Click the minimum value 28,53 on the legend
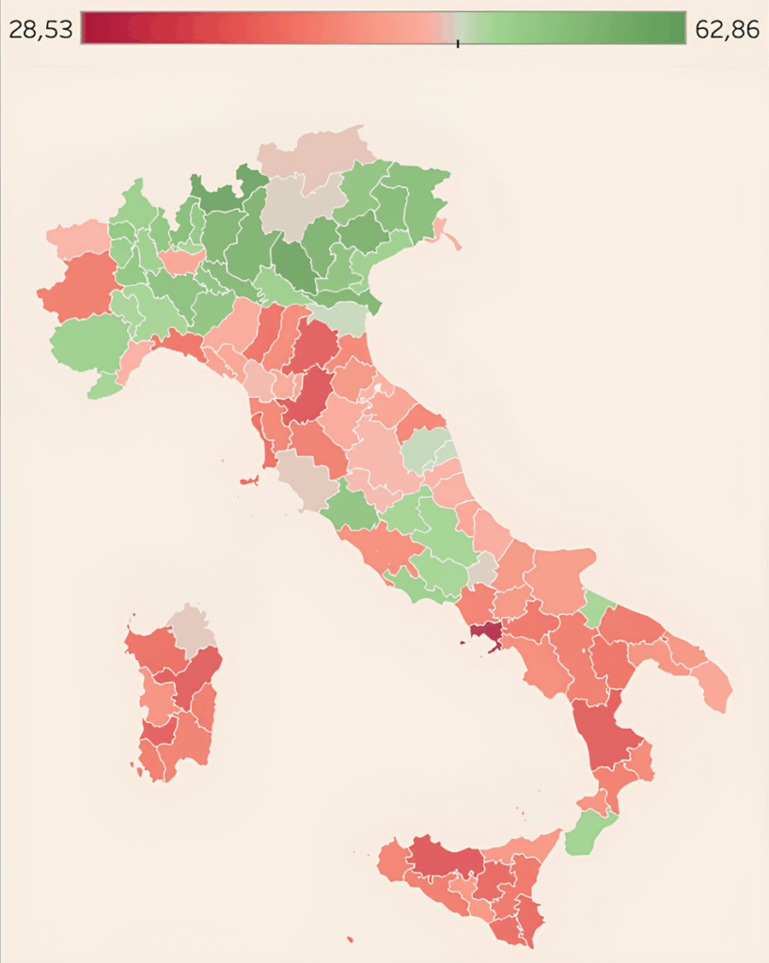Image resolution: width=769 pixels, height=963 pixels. pyautogui.click(x=40, y=29)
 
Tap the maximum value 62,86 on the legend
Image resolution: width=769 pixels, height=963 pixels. pyautogui.click(x=727, y=29)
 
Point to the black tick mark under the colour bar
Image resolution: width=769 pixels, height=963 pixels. pyautogui.click(x=458, y=43)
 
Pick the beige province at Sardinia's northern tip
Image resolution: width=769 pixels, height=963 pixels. pyautogui.click(x=193, y=626)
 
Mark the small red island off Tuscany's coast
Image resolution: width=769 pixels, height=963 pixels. pyautogui.click(x=249, y=481)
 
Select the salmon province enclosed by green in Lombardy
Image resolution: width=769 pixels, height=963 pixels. pyautogui.click(x=180, y=260)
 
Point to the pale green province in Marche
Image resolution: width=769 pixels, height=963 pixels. pyautogui.click(x=426, y=450)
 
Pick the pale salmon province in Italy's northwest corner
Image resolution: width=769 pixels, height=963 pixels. pyautogui.click(x=77, y=239)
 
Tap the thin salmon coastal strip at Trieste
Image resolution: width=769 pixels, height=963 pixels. pyautogui.click(x=448, y=235)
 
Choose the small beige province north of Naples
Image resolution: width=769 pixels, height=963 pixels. pyautogui.click(x=483, y=569)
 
